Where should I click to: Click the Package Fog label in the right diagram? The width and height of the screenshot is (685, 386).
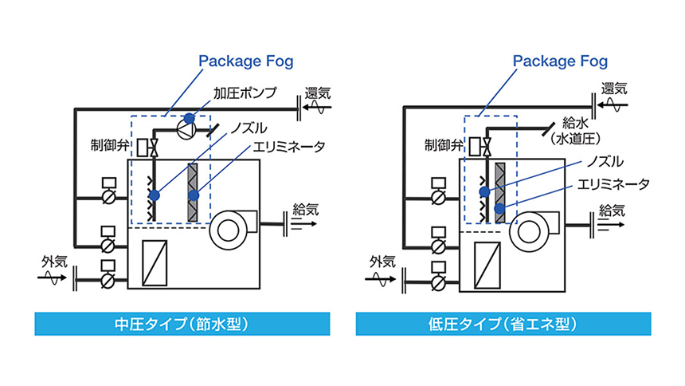pyautogui.click(x=560, y=61)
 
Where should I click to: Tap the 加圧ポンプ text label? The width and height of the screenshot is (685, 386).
pyautogui.click(x=241, y=93)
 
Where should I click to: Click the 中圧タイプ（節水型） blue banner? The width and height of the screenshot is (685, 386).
pyautogui.click(x=182, y=325)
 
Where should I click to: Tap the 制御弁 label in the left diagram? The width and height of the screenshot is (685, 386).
pyautogui.click(x=110, y=145)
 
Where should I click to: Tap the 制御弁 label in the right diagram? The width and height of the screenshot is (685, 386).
pyautogui.click(x=440, y=145)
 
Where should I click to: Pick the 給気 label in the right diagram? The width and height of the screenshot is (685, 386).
pyautogui.click(x=611, y=211)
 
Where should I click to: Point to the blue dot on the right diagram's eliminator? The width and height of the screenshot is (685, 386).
pyautogui.click(x=499, y=209)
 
